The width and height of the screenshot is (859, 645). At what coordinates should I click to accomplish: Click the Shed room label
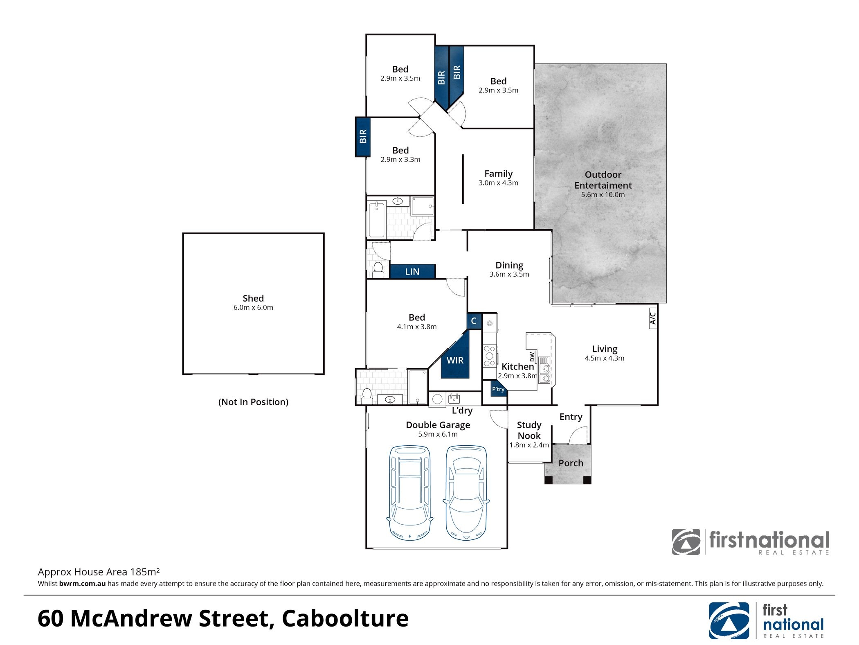[x=253, y=298]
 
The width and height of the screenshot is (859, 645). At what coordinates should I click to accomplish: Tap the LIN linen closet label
[x=412, y=272]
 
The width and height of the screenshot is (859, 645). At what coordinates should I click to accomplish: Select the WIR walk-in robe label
[x=455, y=360]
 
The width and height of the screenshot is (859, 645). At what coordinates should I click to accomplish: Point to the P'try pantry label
[x=498, y=389]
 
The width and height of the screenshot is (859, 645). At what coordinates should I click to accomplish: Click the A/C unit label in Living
[x=653, y=318]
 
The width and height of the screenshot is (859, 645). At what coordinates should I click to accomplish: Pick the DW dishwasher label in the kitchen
[x=532, y=356]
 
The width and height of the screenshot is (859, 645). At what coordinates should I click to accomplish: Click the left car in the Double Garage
[x=409, y=493]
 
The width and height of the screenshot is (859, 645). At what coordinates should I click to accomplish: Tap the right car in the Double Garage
[x=466, y=493]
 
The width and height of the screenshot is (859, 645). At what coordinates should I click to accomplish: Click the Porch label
[x=571, y=463]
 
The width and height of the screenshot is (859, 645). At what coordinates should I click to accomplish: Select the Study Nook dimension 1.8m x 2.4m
[x=529, y=445]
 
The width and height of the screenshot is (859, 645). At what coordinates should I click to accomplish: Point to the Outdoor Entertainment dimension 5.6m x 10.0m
[x=603, y=195]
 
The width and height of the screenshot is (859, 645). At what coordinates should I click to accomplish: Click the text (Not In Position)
[x=253, y=402]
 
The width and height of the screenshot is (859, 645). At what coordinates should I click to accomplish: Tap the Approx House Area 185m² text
[x=99, y=572]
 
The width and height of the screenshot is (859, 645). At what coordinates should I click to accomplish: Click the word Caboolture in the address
[x=345, y=618]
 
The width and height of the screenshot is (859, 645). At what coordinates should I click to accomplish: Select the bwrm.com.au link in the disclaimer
[x=82, y=584]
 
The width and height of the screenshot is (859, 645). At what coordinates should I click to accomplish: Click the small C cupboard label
[x=474, y=321]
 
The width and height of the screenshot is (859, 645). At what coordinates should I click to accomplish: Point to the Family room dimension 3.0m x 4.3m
[x=498, y=183]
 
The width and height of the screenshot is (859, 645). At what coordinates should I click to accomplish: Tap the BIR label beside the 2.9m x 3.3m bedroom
[x=363, y=136]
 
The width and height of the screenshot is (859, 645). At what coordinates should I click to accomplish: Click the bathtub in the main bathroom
[x=377, y=220]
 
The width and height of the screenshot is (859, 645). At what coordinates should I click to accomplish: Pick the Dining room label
[x=509, y=265]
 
